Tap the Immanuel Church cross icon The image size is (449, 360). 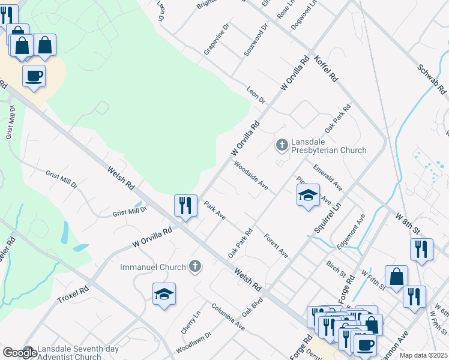[194, 266]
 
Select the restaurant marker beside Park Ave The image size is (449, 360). [185, 205]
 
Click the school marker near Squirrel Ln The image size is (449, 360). [308, 196]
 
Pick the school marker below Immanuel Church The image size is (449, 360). [164, 295]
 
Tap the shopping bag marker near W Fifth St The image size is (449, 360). [396, 277]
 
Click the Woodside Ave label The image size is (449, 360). [251, 175]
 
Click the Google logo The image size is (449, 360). [20, 353]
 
